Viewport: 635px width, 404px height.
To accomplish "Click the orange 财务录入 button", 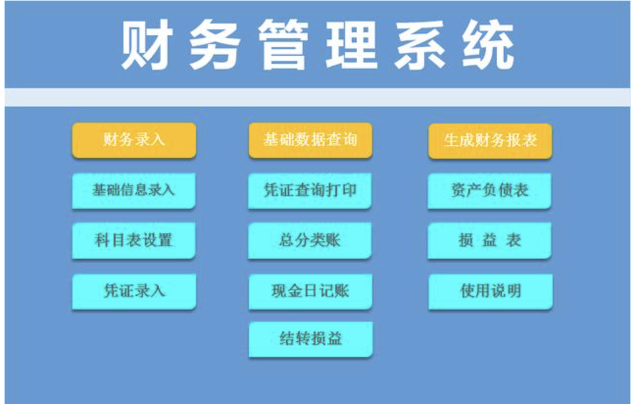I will (x=134, y=140).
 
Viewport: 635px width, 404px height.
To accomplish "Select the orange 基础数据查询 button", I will (x=310, y=140).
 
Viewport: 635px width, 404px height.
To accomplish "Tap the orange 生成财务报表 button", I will (x=490, y=141).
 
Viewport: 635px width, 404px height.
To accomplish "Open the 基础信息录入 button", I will (x=133, y=190).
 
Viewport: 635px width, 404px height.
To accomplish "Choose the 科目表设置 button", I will (x=133, y=240).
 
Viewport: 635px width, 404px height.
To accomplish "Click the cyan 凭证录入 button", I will (x=134, y=291).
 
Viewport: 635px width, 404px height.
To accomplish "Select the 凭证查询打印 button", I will (x=310, y=190).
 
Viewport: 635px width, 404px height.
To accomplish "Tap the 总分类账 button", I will (x=310, y=240).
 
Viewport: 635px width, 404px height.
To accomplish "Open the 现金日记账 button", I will (x=310, y=291).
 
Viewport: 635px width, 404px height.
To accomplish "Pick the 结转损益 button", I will (x=311, y=339).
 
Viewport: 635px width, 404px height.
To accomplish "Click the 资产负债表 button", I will (x=489, y=190).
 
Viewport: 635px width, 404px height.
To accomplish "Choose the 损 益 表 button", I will (x=489, y=240).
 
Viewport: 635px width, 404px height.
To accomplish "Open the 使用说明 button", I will (x=490, y=291).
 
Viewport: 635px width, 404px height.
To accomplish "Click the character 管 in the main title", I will (x=283, y=45).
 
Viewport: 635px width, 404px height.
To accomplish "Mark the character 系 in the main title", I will (x=420, y=45).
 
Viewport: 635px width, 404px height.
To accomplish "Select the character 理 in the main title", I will (x=352, y=45).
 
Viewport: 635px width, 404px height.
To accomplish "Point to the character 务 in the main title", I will (x=214, y=45).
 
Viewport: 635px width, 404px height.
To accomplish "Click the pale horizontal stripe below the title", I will (x=317, y=97).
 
